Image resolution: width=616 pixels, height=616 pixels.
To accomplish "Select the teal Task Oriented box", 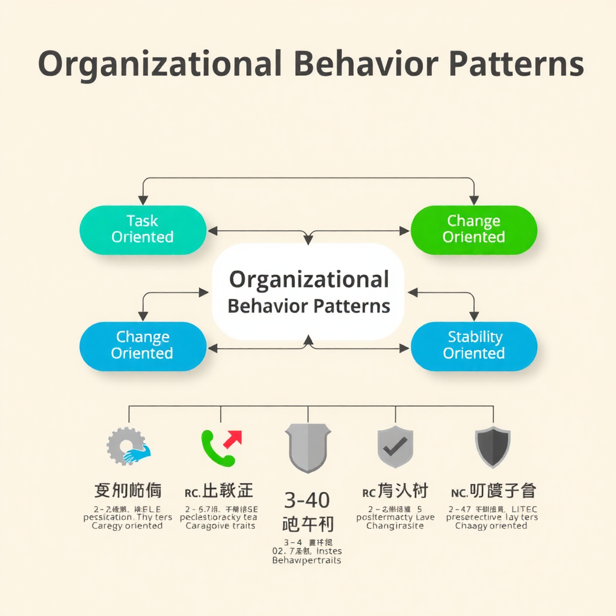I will (143, 229).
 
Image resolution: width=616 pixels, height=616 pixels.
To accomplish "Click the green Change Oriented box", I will (473, 229).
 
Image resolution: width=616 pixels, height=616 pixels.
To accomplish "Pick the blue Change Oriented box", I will (143, 345).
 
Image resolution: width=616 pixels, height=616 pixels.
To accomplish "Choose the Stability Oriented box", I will (473, 345).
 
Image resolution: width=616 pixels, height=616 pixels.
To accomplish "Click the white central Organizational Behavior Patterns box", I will (308, 292).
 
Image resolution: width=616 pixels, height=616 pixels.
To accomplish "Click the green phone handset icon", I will (215, 450).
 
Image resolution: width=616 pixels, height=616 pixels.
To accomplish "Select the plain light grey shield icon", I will (308, 447).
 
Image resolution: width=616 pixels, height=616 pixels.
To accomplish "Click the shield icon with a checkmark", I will (395, 447).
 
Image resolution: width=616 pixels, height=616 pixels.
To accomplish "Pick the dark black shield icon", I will (493, 447).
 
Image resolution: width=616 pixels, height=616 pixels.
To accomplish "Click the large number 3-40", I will (307, 499).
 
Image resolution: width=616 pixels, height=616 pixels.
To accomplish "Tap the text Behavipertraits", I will (307, 561).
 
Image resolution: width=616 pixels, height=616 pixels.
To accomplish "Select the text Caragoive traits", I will (220, 526).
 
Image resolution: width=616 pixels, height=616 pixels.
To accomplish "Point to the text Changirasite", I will (395, 526).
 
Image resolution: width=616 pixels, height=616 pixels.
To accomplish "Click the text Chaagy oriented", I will (491, 526).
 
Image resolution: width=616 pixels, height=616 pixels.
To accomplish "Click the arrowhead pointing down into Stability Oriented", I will (474, 316).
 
